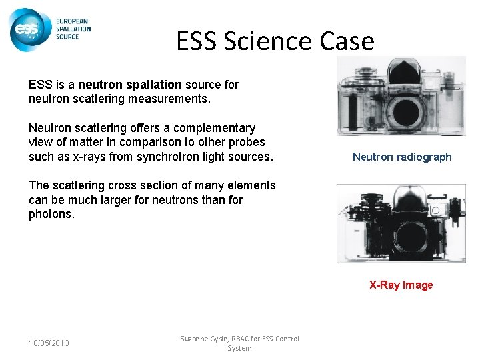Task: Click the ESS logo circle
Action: (x=30, y=29)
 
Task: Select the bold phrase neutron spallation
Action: (x=129, y=85)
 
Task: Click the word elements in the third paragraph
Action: (x=251, y=185)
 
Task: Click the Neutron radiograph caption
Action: (x=402, y=157)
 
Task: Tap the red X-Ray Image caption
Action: (x=401, y=285)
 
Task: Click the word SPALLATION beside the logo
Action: (x=73, y=29)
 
